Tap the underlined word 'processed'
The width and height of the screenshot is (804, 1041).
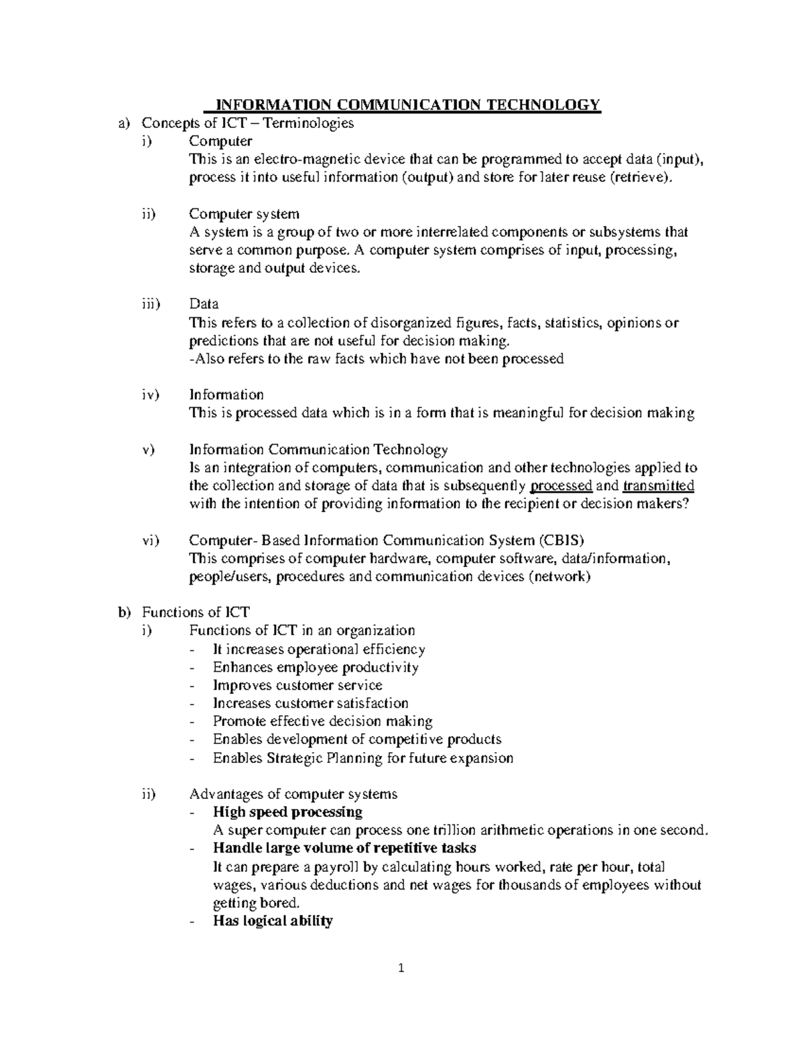tap(561, 486)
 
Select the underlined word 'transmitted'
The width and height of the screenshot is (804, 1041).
tap(658, 486)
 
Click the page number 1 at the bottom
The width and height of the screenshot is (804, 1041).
tap(402, 968)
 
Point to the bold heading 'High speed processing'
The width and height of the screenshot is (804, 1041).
tap(287, 812)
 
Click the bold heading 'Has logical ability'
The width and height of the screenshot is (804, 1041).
tap(273, 921)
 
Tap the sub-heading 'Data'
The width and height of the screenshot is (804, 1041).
tap(204, 304)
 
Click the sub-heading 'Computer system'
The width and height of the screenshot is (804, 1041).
tap(244, 214)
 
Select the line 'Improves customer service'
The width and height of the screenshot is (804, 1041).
tap(297, 686)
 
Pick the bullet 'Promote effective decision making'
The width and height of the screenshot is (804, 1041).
tap(322, 722)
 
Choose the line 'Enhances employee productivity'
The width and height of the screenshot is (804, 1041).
tap(316, 668)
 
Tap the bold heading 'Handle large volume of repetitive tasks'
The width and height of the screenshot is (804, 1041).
tap(344, 849)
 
